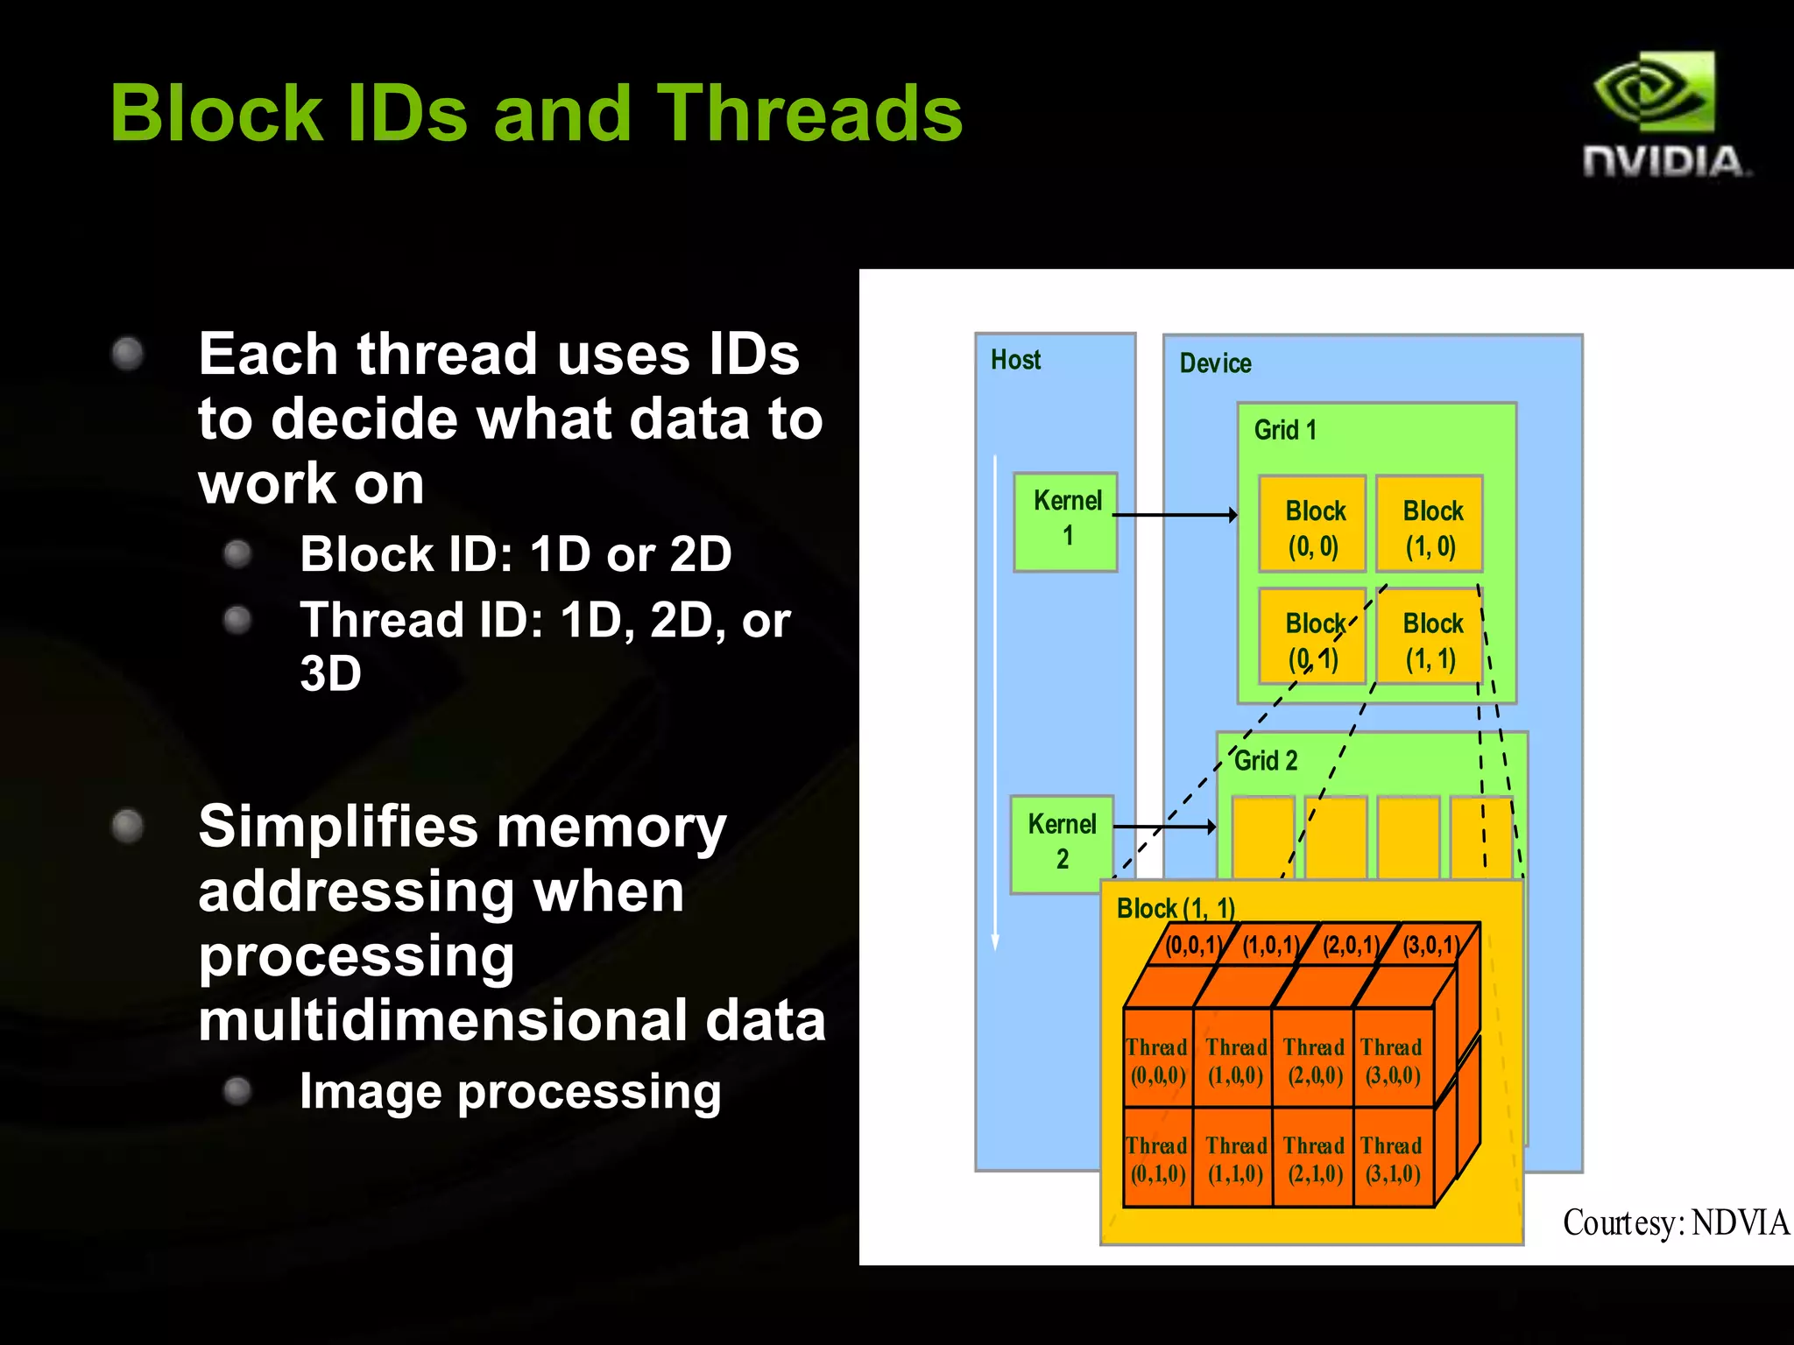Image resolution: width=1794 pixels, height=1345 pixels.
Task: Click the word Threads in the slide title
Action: point(809,114)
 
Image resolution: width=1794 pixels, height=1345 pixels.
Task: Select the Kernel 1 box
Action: point(1066,522)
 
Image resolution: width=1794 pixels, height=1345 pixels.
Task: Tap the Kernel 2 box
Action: point(1062,843)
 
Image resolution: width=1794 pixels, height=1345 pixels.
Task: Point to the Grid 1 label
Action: point(1285,430)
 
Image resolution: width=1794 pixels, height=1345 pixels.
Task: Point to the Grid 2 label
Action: point(1266,761)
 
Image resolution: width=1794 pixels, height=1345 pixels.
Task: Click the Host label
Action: point(1015,360)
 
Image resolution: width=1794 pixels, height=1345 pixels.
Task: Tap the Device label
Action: point(1215,363)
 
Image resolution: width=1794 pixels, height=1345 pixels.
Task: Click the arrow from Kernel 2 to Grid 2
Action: point(1165,826)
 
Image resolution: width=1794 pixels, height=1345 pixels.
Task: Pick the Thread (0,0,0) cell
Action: point(1157,1060)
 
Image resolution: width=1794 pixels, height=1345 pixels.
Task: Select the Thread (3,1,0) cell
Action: point(1392,1158)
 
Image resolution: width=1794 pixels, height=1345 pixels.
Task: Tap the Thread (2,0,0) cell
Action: point(1314,1060)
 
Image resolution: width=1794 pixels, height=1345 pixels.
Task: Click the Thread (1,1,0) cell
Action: point(1235,1158)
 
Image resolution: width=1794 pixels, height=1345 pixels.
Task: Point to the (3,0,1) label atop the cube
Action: point(1430,946)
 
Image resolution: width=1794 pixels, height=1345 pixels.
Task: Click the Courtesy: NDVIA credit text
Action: point(1675,1222)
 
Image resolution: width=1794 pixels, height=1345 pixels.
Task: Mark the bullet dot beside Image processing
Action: point(237,1091)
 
